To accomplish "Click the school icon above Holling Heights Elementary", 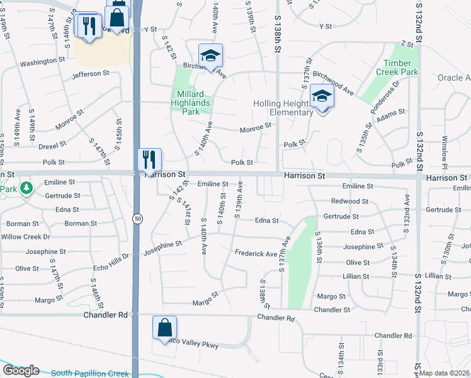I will point(322,97).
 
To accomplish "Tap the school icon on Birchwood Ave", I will point(211,55).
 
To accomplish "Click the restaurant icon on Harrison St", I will point(149,159).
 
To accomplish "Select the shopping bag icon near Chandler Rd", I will point(164,328).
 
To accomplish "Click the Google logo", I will point(21,370).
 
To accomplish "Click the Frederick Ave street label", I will point(256,253).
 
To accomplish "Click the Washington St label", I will point(43,63).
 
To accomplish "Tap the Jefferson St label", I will point(90,74).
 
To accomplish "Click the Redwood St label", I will point(349,201).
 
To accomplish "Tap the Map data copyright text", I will point(445,373).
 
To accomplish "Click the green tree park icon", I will point(26,188).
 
